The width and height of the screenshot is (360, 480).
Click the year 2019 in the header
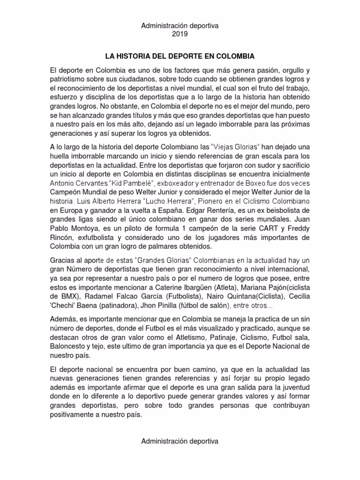pos(180,34)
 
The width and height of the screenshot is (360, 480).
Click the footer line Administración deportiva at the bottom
pos(180,441)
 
